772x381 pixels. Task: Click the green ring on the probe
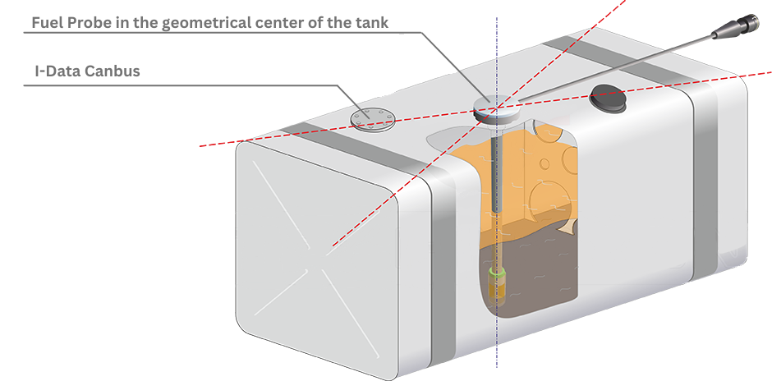click(x=495, y=273)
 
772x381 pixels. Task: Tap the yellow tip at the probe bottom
click(x=495, y=289)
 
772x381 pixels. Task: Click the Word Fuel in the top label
click(x=44, y=23)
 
